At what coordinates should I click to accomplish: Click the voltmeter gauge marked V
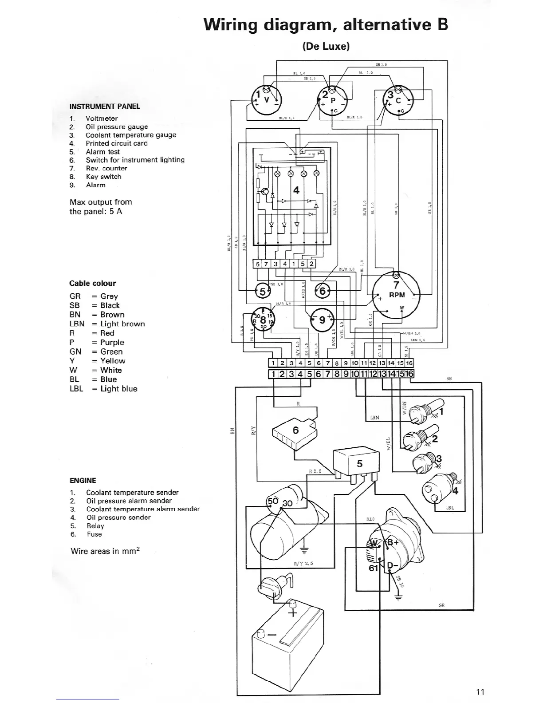pos(266,99)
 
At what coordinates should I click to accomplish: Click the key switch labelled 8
pos(263,319)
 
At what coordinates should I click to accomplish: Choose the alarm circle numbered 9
pos(323,320)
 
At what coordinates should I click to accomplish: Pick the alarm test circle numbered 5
pos(262,292)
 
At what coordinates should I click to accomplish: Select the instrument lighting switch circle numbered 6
pos(323,291)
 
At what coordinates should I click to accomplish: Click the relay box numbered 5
pos(358,463)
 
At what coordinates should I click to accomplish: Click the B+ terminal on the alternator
pos(393,542)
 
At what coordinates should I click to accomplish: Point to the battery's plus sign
pos(292,613)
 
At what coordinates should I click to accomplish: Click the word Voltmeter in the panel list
pos(102,118)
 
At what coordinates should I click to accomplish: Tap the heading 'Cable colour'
pos(92,283)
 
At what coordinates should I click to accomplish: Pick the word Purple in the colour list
pos(112,342)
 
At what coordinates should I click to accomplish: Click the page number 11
pos(480,691)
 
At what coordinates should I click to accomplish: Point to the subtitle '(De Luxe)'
pos(326,46)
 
